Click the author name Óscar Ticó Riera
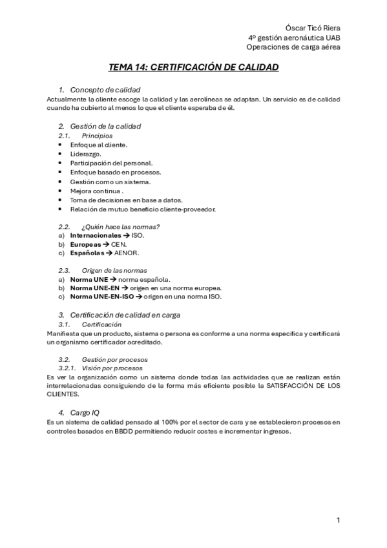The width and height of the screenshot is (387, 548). click(313, 28)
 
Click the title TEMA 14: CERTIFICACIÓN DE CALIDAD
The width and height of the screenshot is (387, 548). click(193, 67)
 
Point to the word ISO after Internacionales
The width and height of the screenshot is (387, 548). click(138, 236)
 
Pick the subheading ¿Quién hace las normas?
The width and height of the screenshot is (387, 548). click(121, 226)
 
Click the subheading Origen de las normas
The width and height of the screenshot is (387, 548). click(114, 269)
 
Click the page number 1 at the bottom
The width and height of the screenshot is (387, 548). click(338, 520)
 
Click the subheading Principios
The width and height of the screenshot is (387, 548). click(97, 136)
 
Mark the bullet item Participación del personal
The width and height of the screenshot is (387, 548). click(112, 163)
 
